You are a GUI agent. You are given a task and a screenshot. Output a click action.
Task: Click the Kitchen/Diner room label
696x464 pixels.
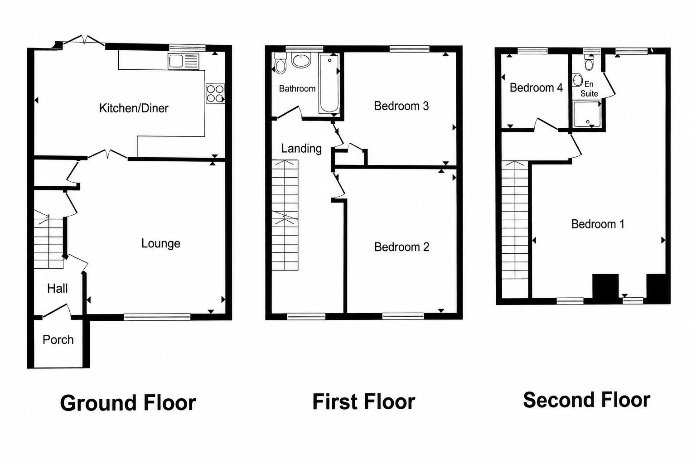(x=134, y=108)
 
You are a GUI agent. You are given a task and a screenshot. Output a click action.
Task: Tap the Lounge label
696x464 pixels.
(x=161, y=243)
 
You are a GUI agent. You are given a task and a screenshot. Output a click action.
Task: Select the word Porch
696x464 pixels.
(x=58, y=340)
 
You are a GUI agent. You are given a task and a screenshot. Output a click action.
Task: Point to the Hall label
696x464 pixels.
(x=58, y=288)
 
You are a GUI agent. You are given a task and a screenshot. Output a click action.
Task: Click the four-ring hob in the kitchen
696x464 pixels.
(x=215, y=93)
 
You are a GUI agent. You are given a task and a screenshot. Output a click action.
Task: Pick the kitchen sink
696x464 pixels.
(x=184, y=61)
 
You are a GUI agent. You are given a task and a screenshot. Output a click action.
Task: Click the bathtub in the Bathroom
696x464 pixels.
(x=329, y=83)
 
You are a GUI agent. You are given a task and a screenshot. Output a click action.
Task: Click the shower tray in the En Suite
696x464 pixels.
(x=587, y=114)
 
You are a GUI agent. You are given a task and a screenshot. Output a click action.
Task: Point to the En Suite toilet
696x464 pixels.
(x=589, y=63)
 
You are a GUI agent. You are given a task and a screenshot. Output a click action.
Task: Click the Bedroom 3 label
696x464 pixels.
(x=401, y=106)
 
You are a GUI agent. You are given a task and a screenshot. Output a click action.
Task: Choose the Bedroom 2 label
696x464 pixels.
(x=401, y=247)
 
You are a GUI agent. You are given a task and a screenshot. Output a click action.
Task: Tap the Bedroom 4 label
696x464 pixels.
(x=536, y=87)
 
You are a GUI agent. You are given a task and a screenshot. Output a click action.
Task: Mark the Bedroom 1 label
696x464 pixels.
(x=598, y=224)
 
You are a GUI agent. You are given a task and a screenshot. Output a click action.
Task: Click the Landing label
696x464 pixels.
(x=301, y=149)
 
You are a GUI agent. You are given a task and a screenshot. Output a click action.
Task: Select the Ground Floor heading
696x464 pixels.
(x=128, y=403)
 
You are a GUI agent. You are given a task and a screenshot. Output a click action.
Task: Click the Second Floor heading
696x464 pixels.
(x=587, y=400)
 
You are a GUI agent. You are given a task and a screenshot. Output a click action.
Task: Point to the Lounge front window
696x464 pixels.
(x=157, y=317)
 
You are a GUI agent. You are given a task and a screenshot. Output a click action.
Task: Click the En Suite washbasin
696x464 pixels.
(x=577, y=80)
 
